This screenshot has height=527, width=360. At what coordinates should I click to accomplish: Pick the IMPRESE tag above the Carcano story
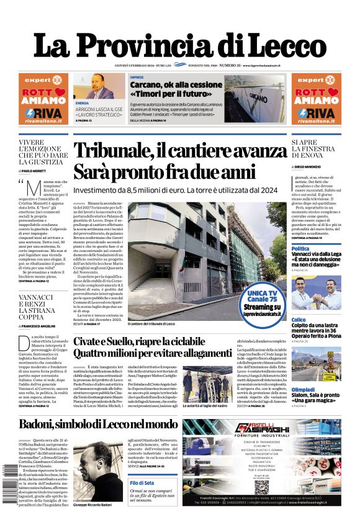(137, 78)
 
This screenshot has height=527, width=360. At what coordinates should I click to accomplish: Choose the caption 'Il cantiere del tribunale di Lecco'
(151, 323)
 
